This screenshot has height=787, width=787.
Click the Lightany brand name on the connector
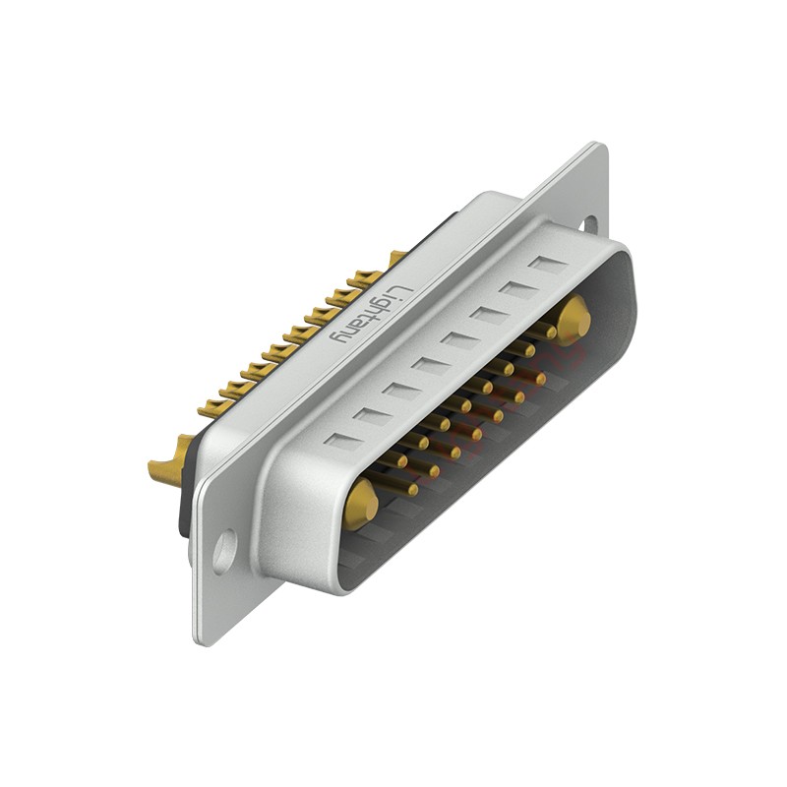pos(367,313)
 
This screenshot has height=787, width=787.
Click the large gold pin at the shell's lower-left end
pos(361,503)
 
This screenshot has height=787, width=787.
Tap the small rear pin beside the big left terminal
pos(211,405)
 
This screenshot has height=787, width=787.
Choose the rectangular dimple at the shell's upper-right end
pos(547,264)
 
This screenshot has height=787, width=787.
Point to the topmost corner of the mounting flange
pos(600,145)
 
